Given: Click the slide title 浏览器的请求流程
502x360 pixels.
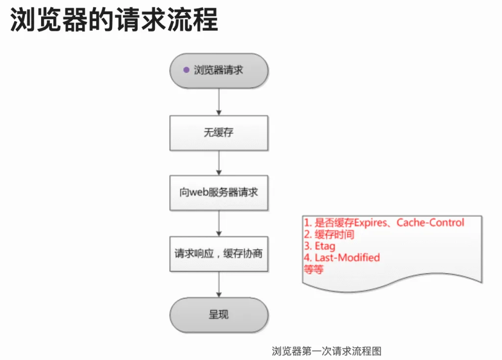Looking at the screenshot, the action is click(114, 20).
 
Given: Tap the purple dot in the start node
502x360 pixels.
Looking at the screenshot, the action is click(186, 70).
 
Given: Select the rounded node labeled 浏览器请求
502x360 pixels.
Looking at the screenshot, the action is click(219, 71).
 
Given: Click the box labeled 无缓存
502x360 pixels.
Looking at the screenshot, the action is click(219, 133).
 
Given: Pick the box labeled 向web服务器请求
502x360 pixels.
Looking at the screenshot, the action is click(219, 192).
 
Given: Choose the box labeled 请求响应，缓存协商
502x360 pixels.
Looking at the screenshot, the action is click(219, 254).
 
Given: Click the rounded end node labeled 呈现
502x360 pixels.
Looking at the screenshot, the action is click(219, 315).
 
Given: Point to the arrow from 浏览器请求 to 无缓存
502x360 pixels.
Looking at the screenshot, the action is click(219, 102).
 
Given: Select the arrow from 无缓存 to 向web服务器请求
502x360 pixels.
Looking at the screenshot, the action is click(219, 163).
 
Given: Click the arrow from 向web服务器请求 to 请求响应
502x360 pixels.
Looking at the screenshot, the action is click(219, 223).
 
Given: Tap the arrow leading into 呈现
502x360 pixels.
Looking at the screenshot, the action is click(219, 285).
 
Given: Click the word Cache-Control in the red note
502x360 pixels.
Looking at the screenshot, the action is click(430, 222).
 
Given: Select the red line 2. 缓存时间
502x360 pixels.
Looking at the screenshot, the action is click(329, 234).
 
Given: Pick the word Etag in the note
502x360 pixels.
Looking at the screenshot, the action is click(326, 246).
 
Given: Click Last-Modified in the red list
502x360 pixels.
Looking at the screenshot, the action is click(348, 257).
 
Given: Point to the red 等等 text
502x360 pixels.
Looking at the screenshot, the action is click(313, 269).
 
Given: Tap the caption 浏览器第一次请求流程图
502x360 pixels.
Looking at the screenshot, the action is click(326, 351).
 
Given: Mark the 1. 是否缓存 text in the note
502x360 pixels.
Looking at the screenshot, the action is click(329, 222).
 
